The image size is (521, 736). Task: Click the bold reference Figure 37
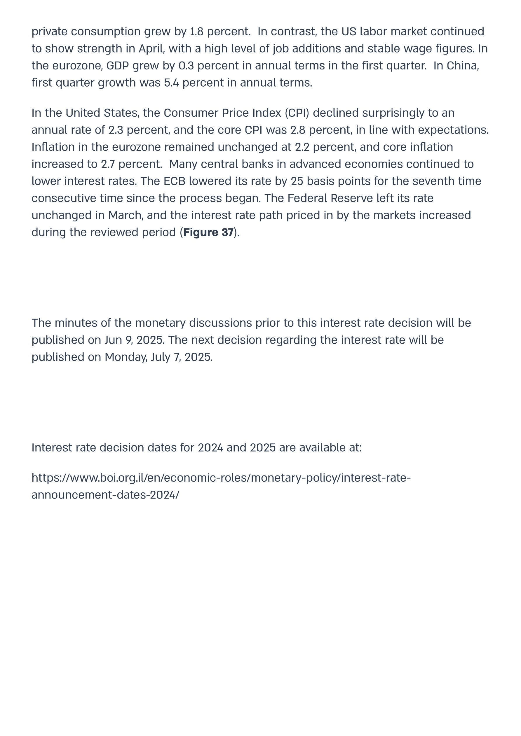click(208, 232)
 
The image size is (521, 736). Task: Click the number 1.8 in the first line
click(197, 32)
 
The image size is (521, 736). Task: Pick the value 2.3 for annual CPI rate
click(116, 130)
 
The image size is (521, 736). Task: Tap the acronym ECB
click(175, 181)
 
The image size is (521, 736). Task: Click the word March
click(125, 215)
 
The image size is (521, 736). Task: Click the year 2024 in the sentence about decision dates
click(210, 447)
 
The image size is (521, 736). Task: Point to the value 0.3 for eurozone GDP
click(186, 65)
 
